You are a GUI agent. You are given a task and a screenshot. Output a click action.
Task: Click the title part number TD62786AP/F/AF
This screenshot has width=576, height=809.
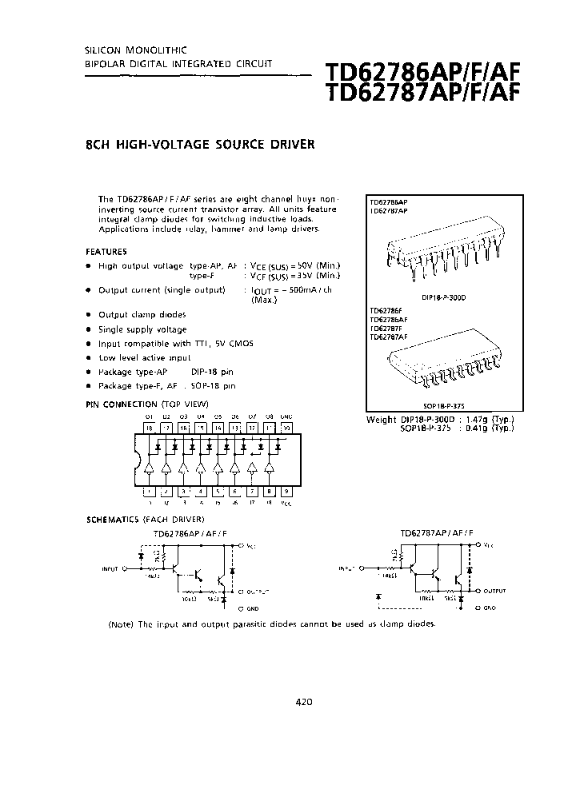coord(422,74)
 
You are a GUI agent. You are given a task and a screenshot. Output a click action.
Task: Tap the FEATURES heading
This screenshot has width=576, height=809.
coord(107,251)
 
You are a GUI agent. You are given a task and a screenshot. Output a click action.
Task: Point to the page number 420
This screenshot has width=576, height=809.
coord(304,702)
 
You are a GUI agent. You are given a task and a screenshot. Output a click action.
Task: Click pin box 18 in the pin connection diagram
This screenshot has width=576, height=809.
coord(149,428)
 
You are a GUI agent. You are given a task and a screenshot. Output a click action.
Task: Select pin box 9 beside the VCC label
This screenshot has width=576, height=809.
coord(286,492)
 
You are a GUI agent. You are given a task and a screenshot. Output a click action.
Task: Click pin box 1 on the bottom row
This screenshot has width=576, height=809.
coord(149,492)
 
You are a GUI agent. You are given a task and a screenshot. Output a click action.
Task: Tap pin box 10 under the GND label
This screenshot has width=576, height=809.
coord(286,428)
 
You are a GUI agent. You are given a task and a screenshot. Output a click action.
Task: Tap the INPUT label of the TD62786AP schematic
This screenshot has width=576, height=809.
coord(110,569)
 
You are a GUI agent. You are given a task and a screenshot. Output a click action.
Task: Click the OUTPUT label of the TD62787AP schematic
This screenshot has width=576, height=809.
coord(494,591)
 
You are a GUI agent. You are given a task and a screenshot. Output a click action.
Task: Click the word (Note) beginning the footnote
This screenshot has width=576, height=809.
coord(122,624)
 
